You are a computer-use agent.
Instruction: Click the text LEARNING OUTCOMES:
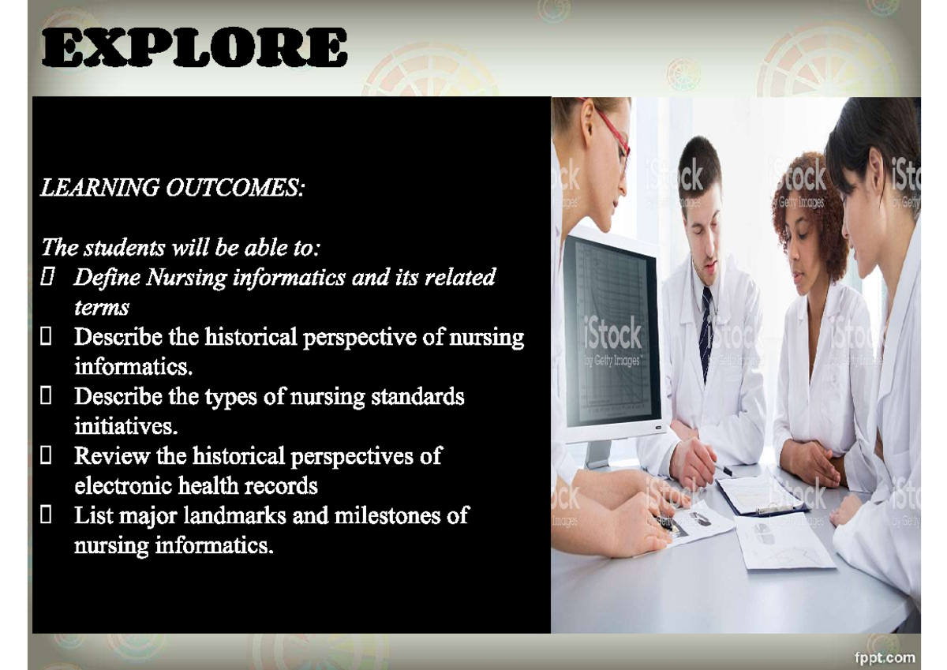click(x=172, y=189)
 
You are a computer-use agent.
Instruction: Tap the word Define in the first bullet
click(x=107, y=278)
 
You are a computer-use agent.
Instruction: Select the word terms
click(x=101, y=308)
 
